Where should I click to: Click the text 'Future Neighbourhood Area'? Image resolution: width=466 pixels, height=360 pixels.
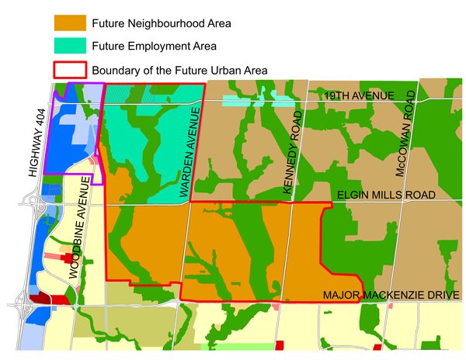[x=161, y=23]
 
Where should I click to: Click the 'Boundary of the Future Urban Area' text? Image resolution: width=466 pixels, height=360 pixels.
[x=179, y=70]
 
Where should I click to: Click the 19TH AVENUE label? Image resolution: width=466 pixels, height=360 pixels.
[x=360, y=95]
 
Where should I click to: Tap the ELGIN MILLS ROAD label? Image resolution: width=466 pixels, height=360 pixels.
[x=386, y=195]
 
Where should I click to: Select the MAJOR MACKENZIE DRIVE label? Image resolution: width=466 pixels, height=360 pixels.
[x=391, y=295]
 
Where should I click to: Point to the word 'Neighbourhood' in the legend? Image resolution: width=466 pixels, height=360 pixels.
[x=164, y=23]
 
